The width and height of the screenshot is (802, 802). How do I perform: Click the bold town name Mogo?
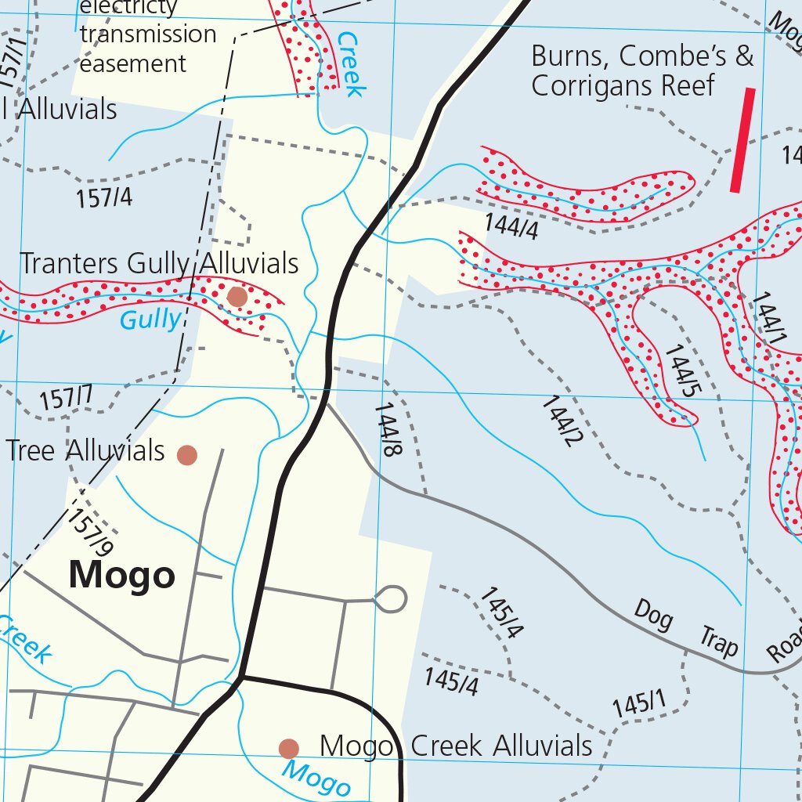tap(121, 576)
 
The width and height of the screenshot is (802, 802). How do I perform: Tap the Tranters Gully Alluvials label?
tap(159, 264)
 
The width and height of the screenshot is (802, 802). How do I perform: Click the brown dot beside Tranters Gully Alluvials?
tap(237, 297)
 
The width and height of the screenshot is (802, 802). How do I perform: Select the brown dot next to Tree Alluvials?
tap(186, 455)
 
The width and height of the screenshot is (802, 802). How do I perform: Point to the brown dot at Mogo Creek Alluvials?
tap(289, 749)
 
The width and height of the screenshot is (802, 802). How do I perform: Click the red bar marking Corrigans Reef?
tap(742, 140)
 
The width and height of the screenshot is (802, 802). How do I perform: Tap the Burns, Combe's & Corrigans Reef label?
tap(641, 70)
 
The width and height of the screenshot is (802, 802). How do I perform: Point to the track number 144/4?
tap(511, 226)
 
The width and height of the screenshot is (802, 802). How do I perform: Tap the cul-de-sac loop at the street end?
tap(390, 599)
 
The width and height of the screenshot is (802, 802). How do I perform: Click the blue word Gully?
tap(150, 320)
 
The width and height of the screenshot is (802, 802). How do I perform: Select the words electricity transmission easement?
tap(147, 34)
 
